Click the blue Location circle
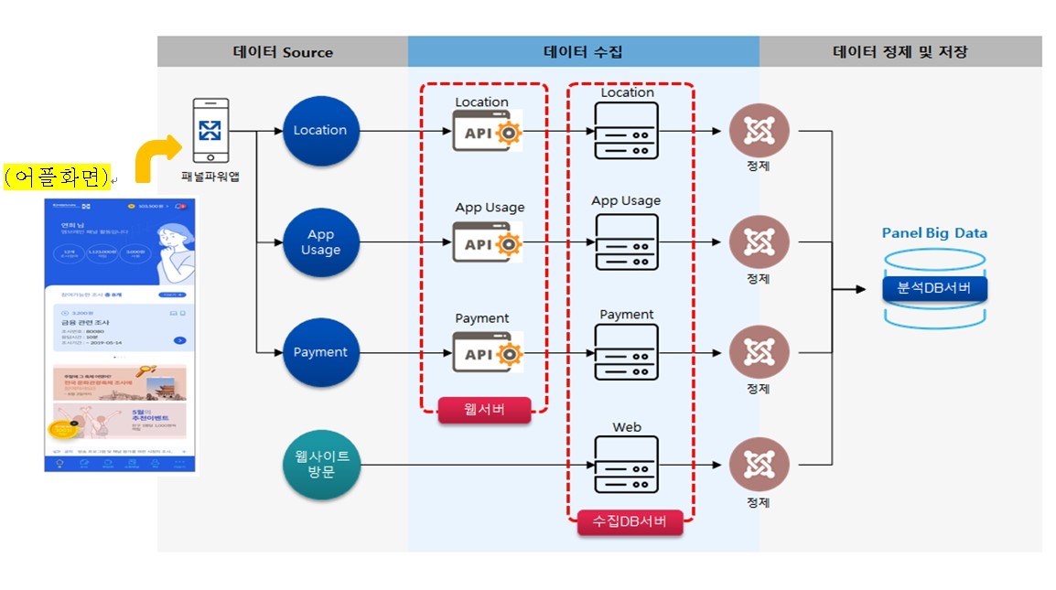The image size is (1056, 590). [x=320, y=131]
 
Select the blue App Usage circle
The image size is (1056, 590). [x=320, y=242]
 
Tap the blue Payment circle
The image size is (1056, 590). [x=320, y=352]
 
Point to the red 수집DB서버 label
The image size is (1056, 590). [x=630, y=522]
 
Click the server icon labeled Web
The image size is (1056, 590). [x=626, y=465]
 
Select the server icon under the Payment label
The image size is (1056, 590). [x=626, y=353]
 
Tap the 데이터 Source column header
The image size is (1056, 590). [x=283, y=52]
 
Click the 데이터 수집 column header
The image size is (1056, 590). [x=583, y=52]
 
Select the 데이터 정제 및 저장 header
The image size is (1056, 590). [x=900, y=52]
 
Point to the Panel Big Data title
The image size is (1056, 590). [x=934, y=233]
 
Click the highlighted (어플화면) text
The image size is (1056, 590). [x=56, y=176]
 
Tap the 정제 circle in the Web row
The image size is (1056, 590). [x=759, y=466]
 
